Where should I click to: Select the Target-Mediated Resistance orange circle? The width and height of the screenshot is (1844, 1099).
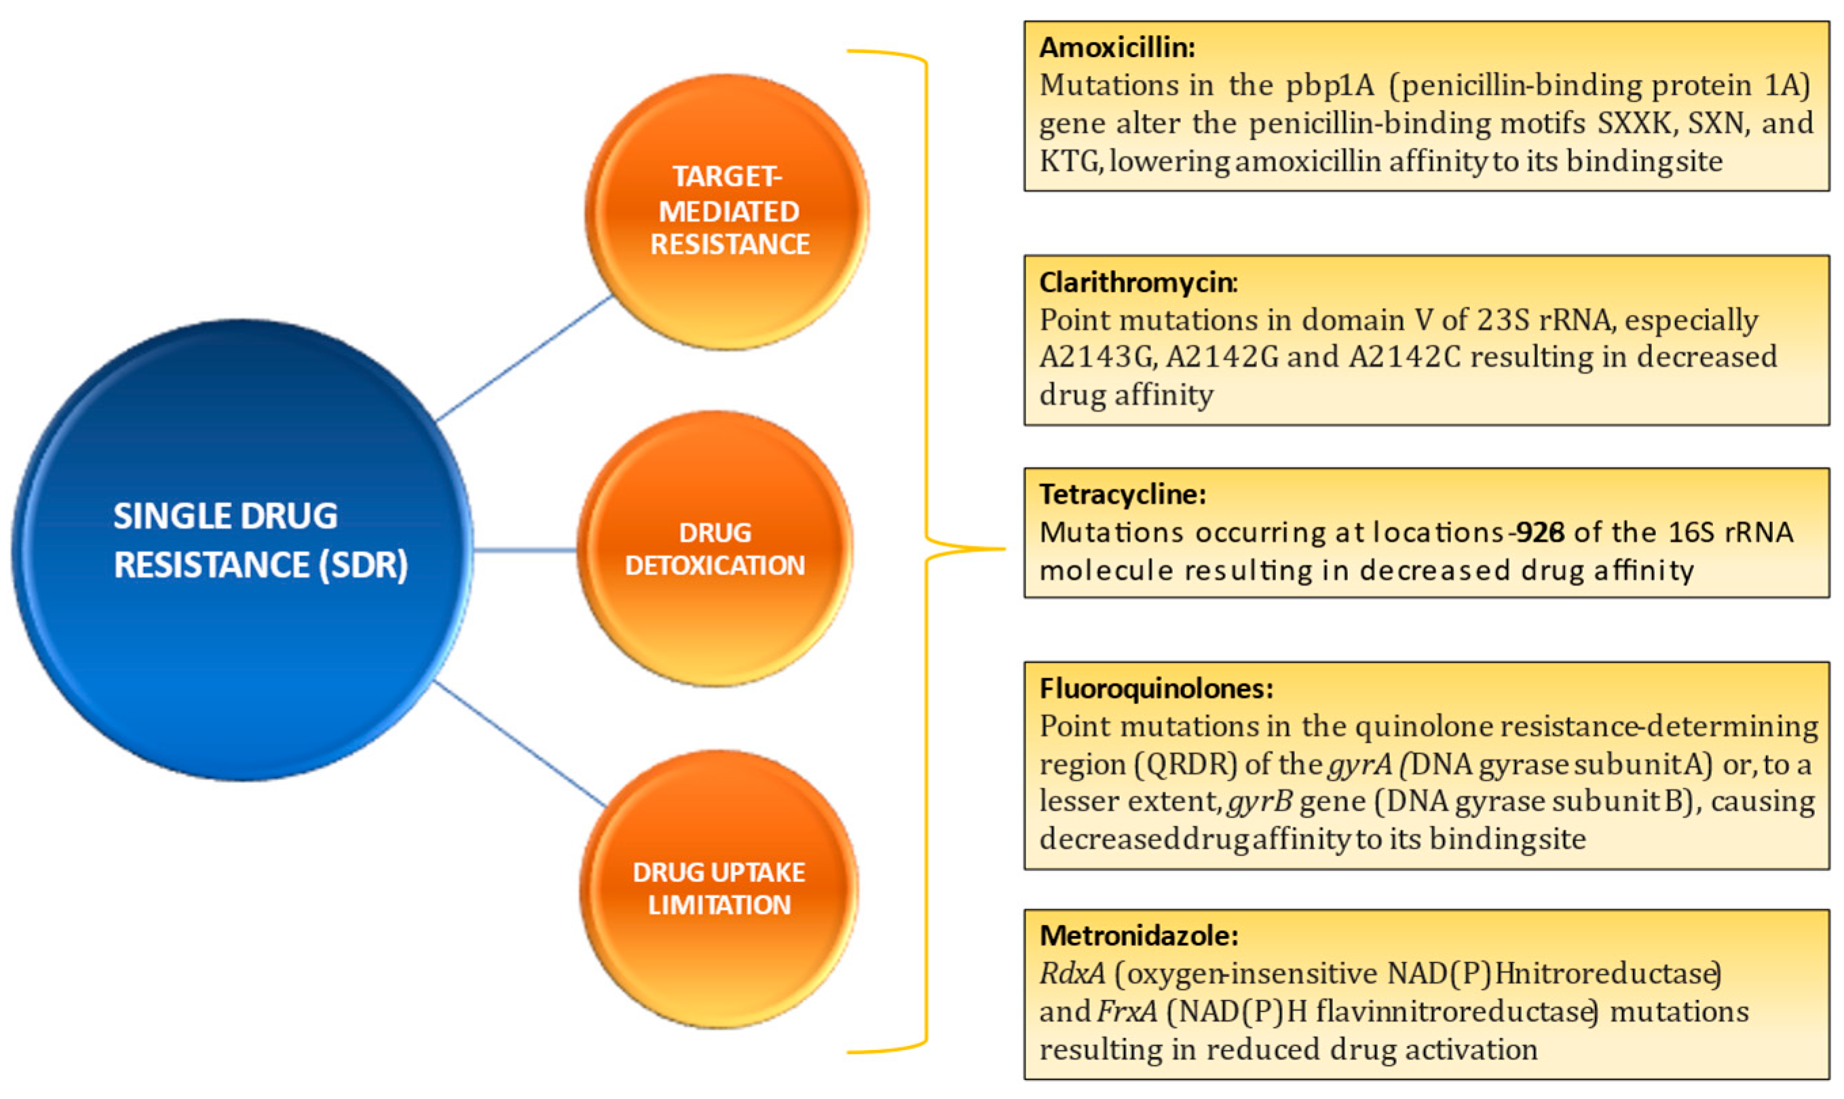coord(727,211)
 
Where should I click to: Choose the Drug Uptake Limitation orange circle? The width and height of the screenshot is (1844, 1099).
coord(718,888)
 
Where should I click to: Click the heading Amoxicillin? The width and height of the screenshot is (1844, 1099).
coord(1116,48)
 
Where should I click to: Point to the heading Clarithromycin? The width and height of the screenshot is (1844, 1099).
coord(1137,282)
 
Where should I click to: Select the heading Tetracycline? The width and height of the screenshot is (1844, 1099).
coord(1123,494)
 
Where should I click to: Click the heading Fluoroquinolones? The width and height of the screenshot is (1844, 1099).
coord(1156,688)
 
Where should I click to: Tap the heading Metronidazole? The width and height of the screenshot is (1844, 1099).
coord(1139,935)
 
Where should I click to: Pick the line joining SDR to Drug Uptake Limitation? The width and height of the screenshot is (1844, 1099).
coord(521,743)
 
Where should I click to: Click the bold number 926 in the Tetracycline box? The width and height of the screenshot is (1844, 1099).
coord(1539,532)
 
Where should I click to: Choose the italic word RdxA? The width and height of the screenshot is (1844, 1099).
coord(1071,973)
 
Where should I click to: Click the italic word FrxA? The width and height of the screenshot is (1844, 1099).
coord(1127,1011)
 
